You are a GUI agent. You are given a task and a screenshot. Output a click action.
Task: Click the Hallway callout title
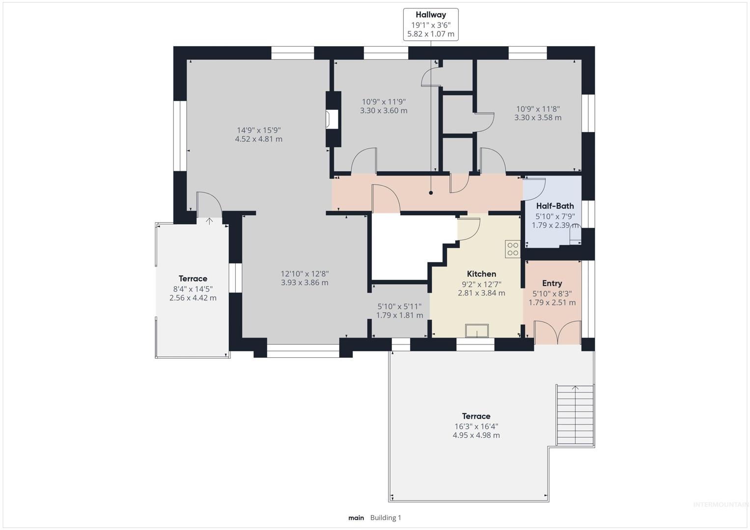tap(431, 15)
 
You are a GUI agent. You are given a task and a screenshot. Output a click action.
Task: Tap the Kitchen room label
tap(481, 274)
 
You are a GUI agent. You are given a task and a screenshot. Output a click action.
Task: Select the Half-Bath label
tap(555, 206)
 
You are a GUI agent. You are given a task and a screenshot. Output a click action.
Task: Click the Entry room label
tap(552, 284)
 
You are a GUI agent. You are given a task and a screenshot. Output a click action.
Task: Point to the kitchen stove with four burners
tap(513, 249)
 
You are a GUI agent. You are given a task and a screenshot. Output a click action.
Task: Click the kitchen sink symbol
tap(477, 331)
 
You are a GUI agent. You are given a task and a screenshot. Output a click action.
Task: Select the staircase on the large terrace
tap(575, 415)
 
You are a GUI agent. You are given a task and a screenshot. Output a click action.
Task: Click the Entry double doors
tap(557, 332)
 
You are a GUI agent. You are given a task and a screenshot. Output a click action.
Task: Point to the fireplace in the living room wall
tap(333, 119)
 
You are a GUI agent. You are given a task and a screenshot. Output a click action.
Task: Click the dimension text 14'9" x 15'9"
tap(259, 130)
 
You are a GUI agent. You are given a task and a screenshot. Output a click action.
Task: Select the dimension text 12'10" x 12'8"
tap(305, 274)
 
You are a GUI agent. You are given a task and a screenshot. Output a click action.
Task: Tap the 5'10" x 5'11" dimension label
tap(399, 307)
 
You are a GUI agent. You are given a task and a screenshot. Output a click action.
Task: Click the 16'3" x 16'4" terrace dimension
tap(476, 426)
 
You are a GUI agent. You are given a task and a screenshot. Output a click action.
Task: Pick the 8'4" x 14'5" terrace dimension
tap(193, 289)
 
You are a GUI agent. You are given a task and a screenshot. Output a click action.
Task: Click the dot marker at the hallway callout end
tap(431, 193)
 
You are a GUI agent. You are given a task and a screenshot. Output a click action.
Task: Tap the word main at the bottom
tap(356, 518)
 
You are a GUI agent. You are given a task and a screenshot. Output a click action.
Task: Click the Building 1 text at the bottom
tap(386, 518)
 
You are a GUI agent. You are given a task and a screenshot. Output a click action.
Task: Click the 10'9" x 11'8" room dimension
tap(538, 109)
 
